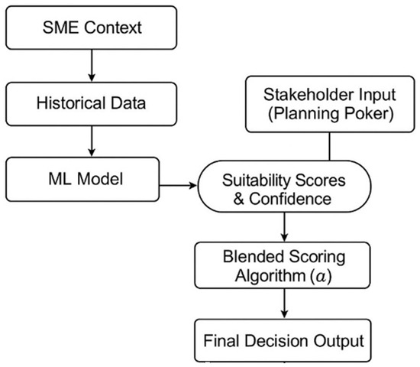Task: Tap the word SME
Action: tap(63, 31)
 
